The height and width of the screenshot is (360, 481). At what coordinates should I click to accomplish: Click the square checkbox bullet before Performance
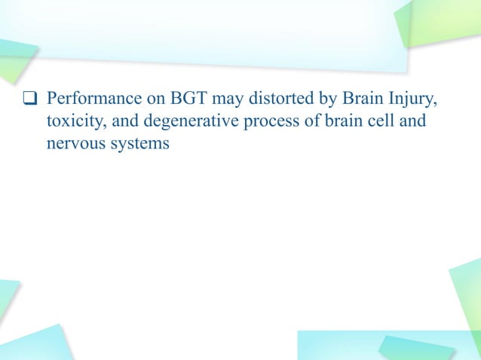point(31,99)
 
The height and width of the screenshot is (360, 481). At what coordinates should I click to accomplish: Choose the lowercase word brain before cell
point(328,122)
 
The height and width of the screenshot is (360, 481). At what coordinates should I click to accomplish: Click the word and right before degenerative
point(125,122)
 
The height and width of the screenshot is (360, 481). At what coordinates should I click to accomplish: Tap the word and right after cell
point(412,122)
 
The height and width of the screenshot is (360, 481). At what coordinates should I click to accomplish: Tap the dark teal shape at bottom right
point(415,347)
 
